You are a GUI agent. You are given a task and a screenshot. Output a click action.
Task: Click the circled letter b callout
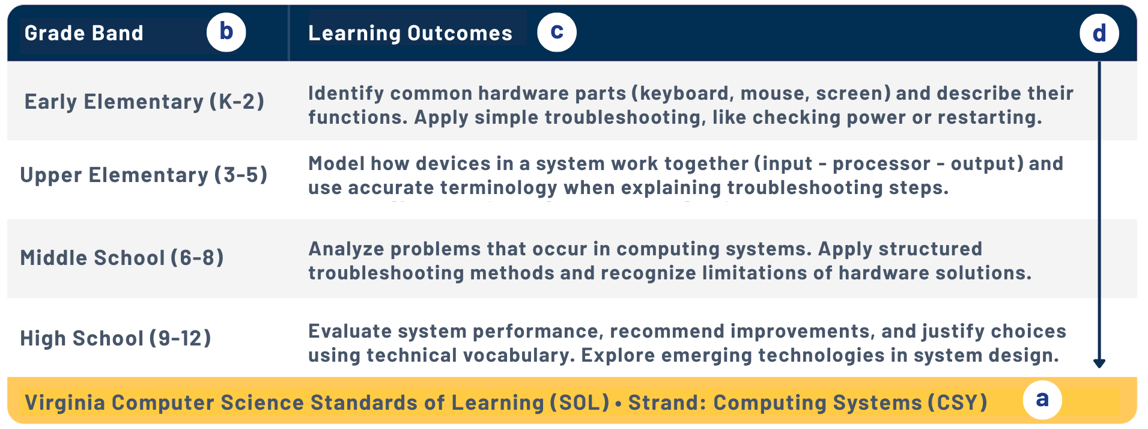(226, 32)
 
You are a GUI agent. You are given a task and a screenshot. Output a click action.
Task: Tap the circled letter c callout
(557, 32)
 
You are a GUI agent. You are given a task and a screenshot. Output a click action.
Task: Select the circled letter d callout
(1099, 34)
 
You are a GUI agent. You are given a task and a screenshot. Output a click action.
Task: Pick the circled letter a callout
(1042, 400)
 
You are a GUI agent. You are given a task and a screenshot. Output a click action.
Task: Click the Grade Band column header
(84, 33)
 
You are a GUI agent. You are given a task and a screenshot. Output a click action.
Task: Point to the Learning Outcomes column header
(410, 33)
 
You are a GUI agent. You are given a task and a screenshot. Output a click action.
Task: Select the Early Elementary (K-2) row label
(144, 102)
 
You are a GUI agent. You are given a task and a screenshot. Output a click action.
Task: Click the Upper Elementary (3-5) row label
(144, 175)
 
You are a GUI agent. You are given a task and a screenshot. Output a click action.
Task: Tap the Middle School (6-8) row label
(122, 258)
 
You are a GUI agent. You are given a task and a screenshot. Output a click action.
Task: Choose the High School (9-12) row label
(115, 338)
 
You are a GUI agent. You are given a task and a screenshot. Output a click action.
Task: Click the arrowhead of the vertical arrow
(1099, 364)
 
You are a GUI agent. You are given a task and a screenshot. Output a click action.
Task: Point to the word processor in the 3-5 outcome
(881, 164)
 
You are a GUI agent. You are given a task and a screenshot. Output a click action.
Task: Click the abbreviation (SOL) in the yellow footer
(580, 403)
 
